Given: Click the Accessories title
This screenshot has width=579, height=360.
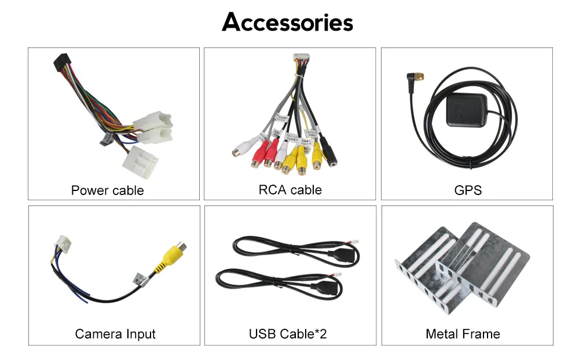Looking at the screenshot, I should click(288, 23).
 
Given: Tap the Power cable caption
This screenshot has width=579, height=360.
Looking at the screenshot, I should click(107, 190).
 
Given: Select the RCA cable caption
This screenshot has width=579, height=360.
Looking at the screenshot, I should click(289, 189).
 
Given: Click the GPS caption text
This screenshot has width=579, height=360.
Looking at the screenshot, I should click(468, 190).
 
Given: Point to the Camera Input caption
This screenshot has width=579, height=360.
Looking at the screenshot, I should click(115, 333).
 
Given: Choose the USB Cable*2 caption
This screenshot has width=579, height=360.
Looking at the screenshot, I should click(288, 333).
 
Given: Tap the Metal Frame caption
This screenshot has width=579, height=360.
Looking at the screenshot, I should click(463, 333).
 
